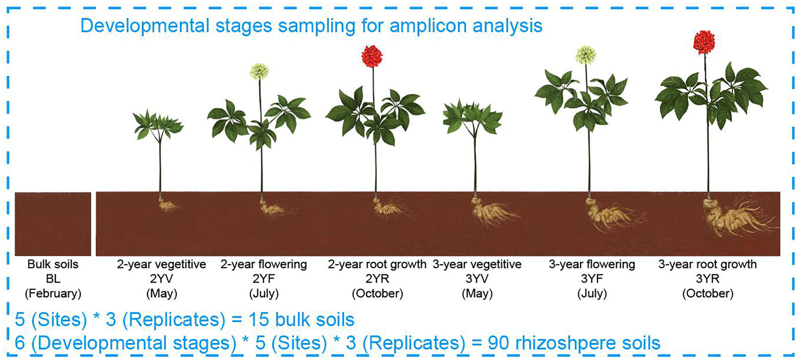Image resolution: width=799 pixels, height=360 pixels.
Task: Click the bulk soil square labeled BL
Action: [53, 224]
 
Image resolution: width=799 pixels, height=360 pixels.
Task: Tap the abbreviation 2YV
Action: [161, 279]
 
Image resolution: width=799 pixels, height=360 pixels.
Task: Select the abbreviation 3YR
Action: [707, 279]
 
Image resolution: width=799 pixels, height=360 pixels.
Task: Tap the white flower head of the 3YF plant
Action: [586, 55]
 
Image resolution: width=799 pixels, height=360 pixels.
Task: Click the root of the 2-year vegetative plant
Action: [168, 205]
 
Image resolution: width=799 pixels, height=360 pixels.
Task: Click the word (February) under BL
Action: [53, 294]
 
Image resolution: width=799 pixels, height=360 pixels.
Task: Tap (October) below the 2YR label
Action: [377, 294]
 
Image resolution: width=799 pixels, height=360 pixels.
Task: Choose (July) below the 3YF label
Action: [592, 294]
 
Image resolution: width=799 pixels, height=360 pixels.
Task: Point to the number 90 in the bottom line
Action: [498, 343]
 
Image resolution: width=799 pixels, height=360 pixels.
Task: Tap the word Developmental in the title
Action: [144, 26]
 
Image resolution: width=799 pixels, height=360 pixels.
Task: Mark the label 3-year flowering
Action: [592, 264]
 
